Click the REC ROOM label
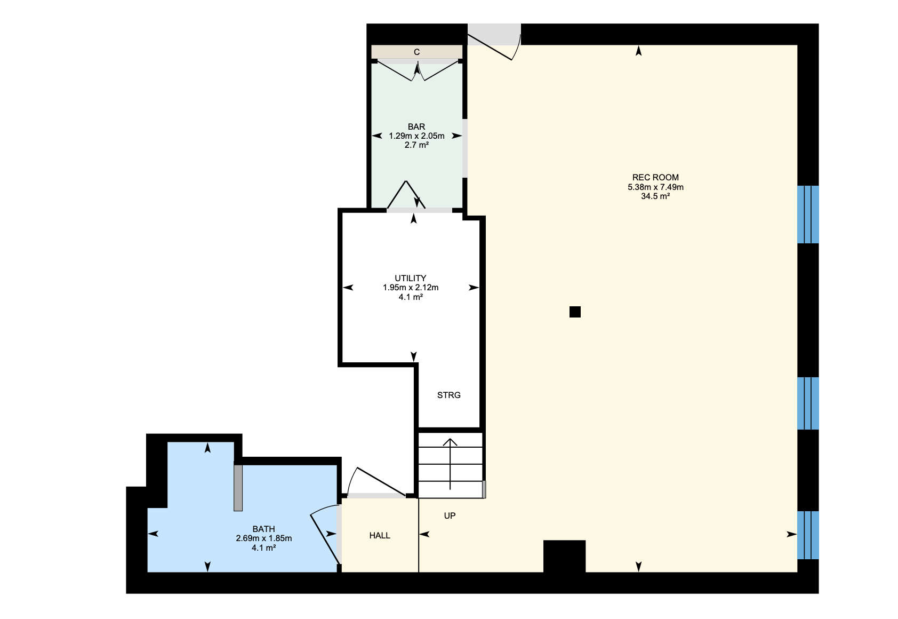pos(655,177)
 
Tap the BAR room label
pos(416,127)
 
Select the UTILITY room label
pos(411,278)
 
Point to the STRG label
pos(448,395)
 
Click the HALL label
pos(380,536)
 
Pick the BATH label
pos(264,529)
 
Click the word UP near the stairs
pos(450,516)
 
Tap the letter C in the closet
pos(417,52)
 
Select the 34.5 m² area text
pos(655,196)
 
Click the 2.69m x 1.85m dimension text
pos(264,538)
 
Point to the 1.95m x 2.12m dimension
pos(411,288)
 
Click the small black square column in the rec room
pos(575,312)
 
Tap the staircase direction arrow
pos(450,464)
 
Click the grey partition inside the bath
pos(238,488)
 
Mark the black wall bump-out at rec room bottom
pos(565,557)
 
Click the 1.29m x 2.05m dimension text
pos(416,136)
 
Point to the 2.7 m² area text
pos(416,145)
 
